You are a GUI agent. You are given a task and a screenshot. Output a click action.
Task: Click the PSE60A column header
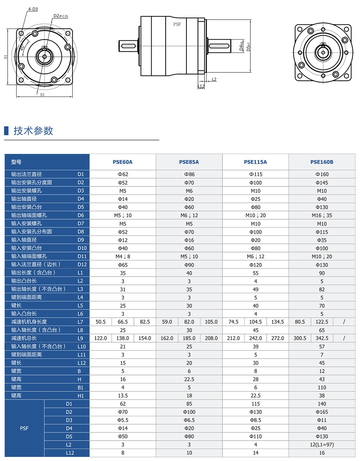(122, 162)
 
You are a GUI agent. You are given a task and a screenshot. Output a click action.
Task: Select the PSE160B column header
(322, 162)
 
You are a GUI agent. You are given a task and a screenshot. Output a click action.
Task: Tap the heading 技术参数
(33, 131)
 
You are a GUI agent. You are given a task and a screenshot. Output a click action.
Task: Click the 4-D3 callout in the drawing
(33, 8)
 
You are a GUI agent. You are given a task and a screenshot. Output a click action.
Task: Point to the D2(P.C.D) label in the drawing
(60, 16)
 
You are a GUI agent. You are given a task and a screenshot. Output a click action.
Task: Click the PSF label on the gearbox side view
(177, 24)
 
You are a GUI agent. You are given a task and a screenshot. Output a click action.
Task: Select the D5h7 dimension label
(248, 47)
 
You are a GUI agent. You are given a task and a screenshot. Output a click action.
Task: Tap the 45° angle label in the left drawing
(22, 47)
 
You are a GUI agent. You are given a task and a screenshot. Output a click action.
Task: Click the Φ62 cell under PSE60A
(122, 174)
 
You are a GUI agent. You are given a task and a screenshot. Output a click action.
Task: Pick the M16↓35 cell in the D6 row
(322, 215)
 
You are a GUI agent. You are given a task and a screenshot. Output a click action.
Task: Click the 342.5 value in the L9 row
(322, 338)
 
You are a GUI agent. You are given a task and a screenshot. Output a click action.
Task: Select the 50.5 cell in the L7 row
(100, 322)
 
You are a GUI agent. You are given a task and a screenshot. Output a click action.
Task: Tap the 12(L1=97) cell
(322, 445)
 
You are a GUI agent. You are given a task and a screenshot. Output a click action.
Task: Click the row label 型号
(16, 162)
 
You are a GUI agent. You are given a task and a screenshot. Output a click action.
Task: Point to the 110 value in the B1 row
(322, 387)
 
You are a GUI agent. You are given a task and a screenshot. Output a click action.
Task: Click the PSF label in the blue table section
(24, 428)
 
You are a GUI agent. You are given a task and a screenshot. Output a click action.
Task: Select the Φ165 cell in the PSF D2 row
(322, 412)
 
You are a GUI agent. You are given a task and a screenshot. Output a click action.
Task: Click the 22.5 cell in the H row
(189, 379)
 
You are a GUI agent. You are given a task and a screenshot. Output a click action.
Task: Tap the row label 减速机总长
(24, 338)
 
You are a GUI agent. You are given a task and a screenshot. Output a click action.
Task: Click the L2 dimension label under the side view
(214, 79)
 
